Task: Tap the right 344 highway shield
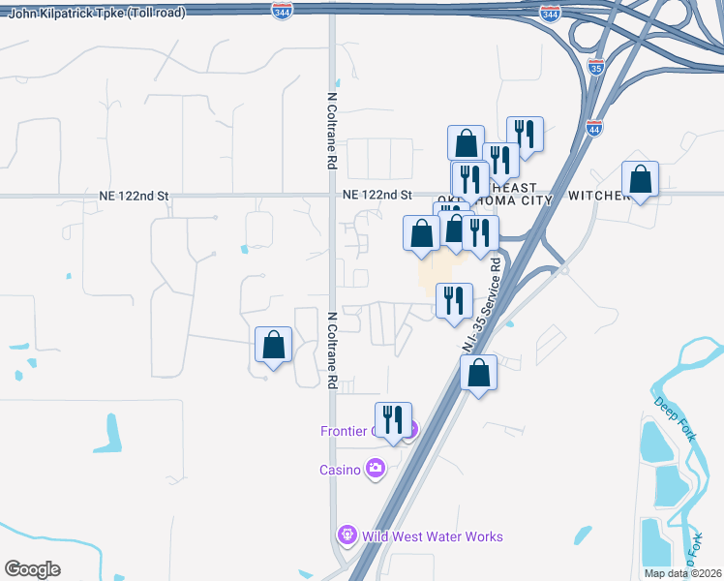(550, 14)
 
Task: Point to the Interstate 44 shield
(592, 128)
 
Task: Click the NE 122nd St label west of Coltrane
(134, 196)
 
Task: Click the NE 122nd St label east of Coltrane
(377, 196)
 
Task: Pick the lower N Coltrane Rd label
(331, 350)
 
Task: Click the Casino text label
(340, 470)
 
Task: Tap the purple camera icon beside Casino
(375, 470)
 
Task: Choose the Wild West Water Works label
(433, 535)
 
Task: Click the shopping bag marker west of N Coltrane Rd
(274, 345)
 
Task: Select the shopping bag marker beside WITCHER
(640, 179)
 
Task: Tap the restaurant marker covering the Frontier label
(393, 420)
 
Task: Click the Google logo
(32, 569)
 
